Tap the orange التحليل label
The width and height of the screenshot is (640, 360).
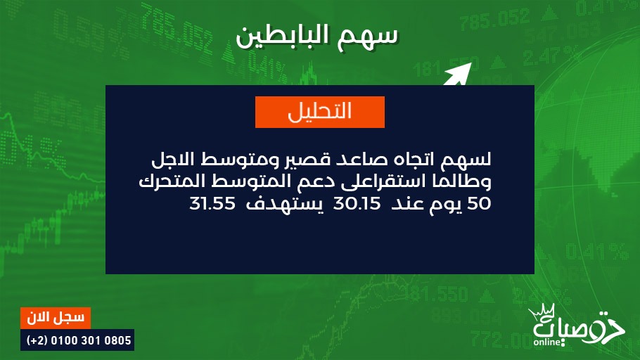(x=320, y=112)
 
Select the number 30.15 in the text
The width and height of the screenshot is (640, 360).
(x=357, y=203)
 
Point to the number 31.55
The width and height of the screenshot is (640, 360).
(x=212, y=203)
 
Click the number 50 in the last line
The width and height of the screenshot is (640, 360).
(x=478, y=203)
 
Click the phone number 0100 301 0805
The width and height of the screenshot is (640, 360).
(x=91, y=340)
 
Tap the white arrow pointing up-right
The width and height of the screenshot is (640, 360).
(x=458, y=74)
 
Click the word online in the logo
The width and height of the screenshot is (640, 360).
(x=546, y=342)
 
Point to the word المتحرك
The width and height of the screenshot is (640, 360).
(x=168, y=181)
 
